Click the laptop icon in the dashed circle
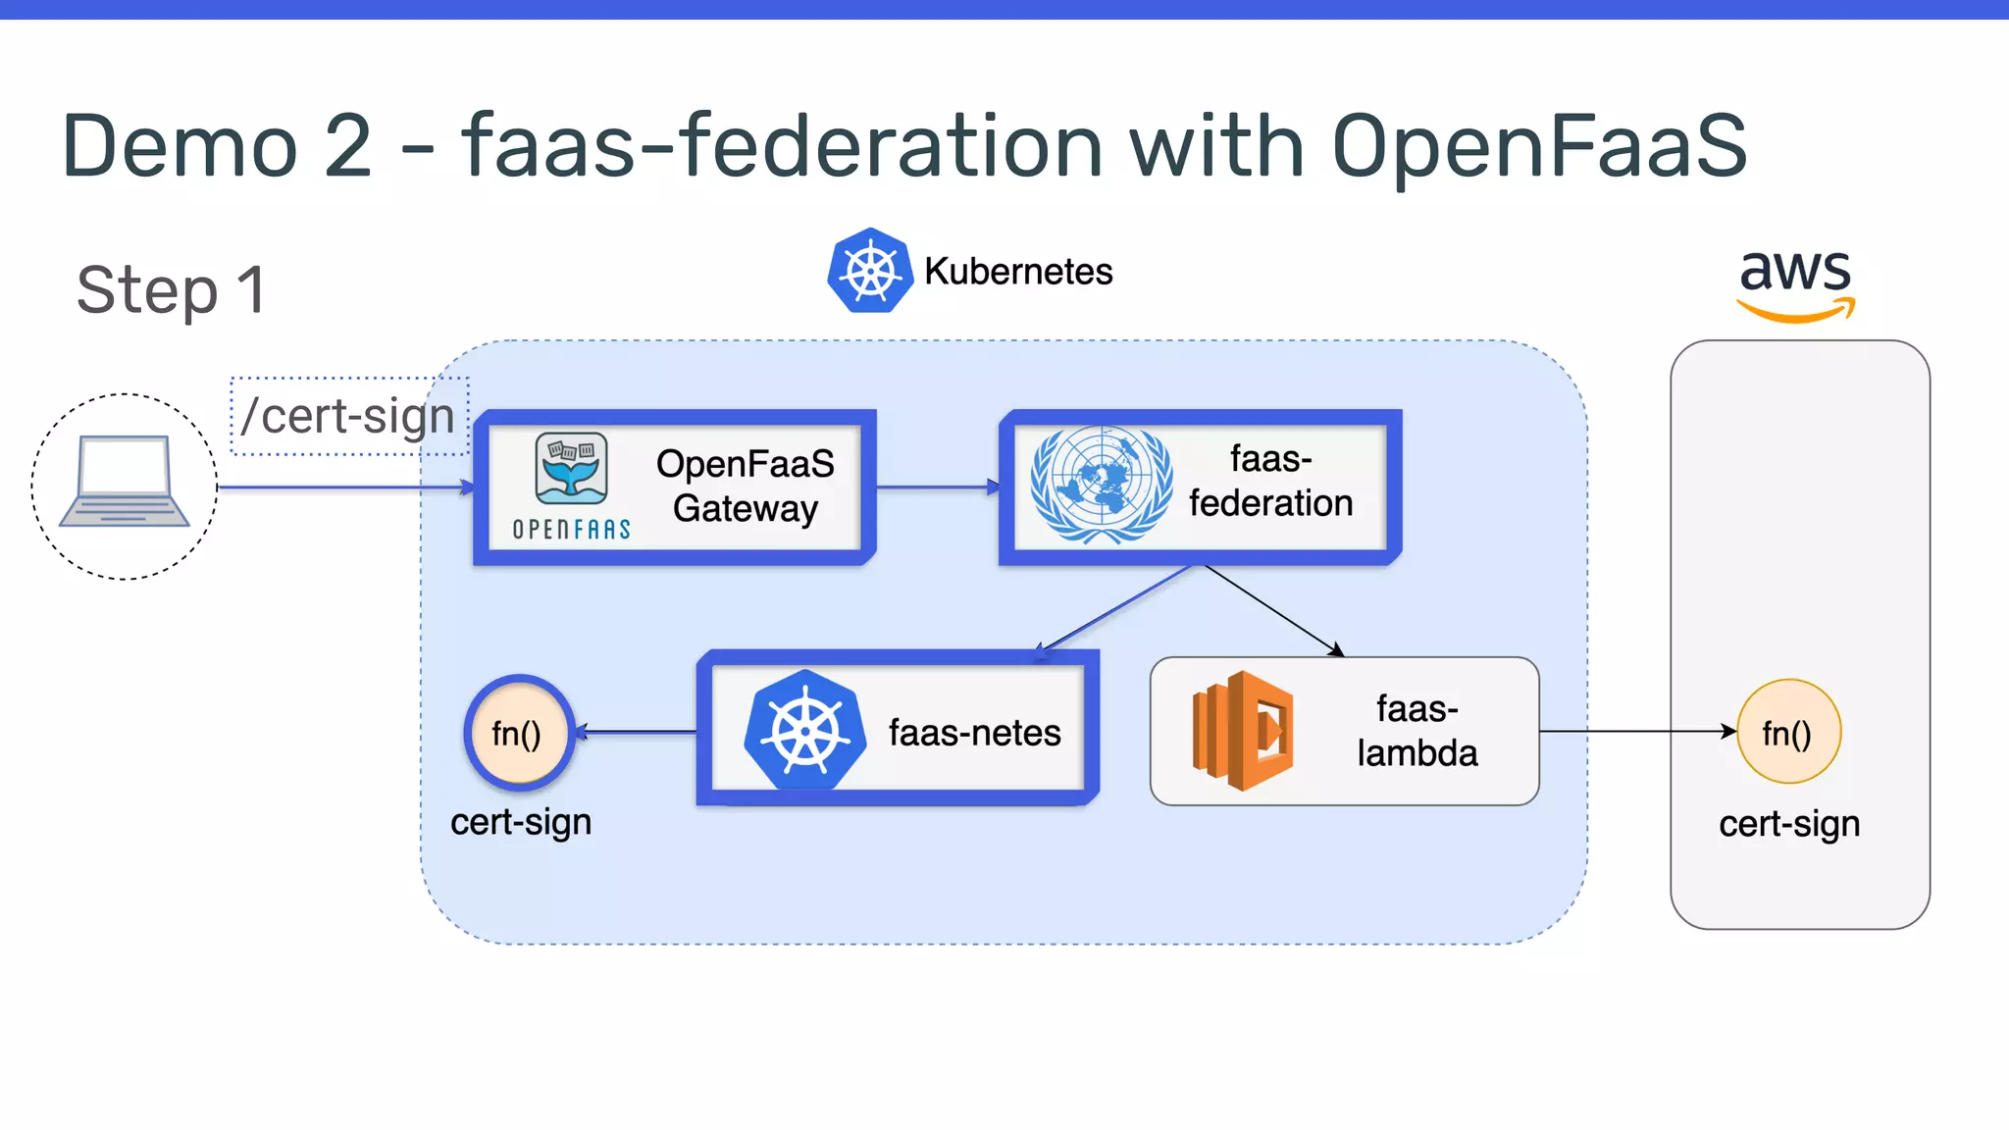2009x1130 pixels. click(124, 482)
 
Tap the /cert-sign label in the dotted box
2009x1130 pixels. click(348, 416)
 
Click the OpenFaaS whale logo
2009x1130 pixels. click(572, 469)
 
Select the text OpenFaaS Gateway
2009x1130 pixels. click(745, 486)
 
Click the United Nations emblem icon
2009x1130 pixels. click(1101, 485)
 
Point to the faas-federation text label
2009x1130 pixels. click(1270, 481)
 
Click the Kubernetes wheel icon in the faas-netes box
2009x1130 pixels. click(804, 731)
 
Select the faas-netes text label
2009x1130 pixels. click(974, 733)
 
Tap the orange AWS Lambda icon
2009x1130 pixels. click(1242, 731)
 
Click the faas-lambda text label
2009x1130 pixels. click(1417, 731)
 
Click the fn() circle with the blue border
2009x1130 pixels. click(518, 733)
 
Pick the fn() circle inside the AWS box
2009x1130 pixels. click(1787, 732)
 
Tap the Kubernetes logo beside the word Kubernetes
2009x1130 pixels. click(869, 271)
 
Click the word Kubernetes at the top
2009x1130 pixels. click(1018, 272)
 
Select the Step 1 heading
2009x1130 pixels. click(172, 290)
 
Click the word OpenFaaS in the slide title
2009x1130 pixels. click(1538, 146)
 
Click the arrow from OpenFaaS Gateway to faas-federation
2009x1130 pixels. click(937, 487)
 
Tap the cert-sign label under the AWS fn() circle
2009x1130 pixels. click(1788, 824)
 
